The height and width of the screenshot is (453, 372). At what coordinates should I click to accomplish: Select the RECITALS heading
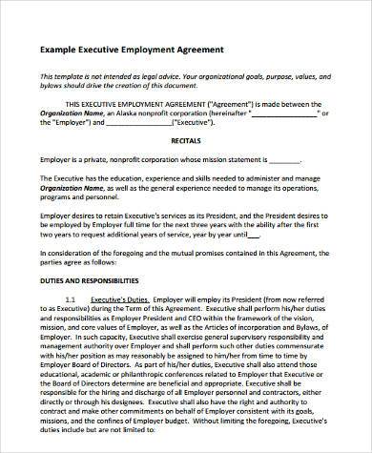pos(187,138)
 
